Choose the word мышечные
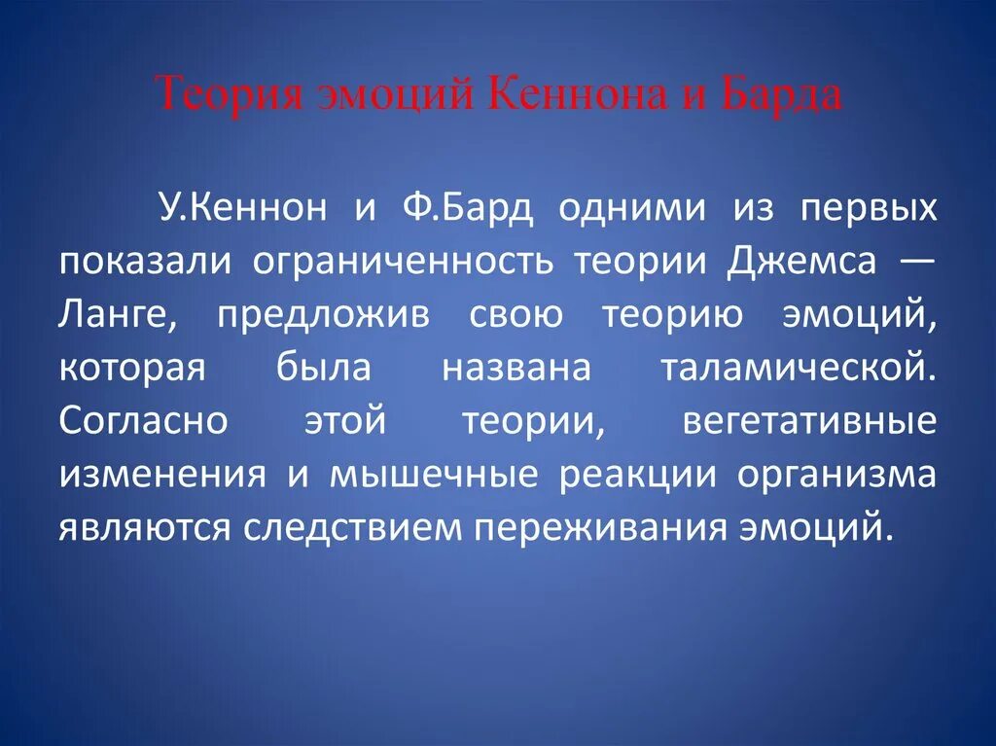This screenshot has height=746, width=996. [x=433, y=476]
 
